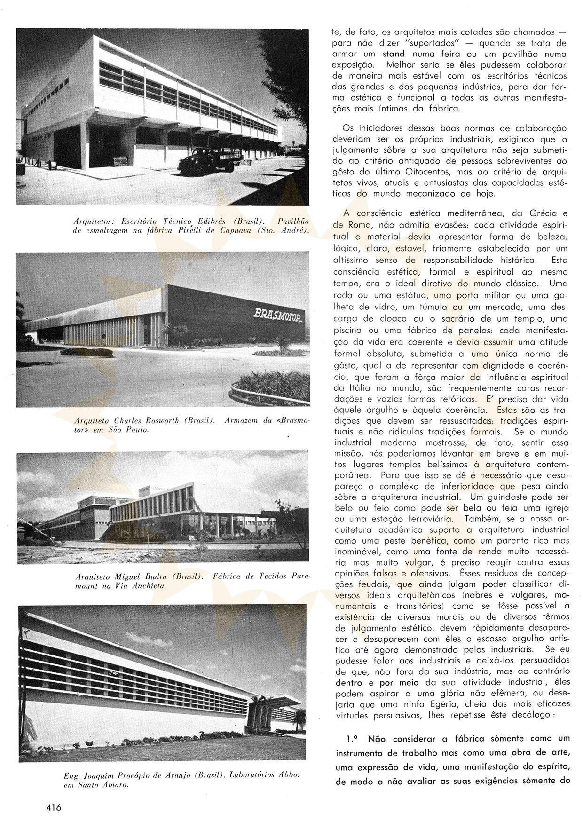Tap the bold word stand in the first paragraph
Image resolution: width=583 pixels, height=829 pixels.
pos(394,54)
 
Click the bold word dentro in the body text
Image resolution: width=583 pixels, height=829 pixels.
pos(349,682)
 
